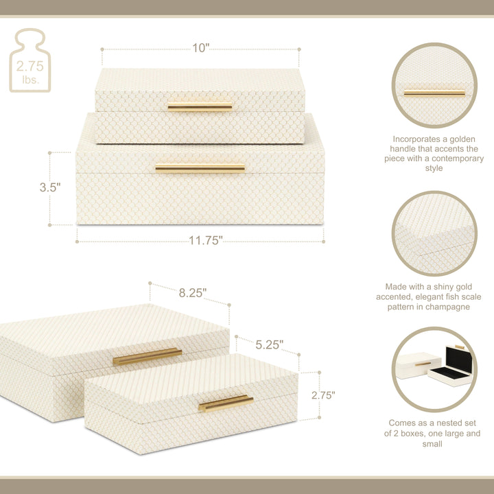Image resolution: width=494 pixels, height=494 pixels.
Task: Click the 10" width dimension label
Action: click(x=200, y=48)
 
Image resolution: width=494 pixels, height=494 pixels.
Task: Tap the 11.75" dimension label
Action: click(x=205, y=241)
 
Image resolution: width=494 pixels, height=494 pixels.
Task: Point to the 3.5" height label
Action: click(x=50, y=187)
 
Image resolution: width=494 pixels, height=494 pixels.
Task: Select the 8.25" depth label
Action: click(x=193, y=293)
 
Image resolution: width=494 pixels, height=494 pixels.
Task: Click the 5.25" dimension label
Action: click(x=269, y=344)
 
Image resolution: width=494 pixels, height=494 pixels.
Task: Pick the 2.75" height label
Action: click(x=323, y=395)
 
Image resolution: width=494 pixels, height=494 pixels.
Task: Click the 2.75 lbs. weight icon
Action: click(x=30, y=60)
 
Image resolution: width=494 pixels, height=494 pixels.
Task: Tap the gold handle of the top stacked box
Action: click(x=200, y=107)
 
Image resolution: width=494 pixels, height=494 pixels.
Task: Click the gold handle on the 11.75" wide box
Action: click(x=200, y=168)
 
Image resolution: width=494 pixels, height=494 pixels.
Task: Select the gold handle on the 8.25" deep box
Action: click(x=148, y=356)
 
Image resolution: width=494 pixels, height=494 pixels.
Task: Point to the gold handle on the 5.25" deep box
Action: click(x=226, y=403)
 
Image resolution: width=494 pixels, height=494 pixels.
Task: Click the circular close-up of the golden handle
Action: click(x=434, y=85)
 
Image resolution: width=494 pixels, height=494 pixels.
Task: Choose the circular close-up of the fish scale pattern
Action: click(x=434, y=233)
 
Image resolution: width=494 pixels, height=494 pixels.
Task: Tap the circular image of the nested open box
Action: click(x=434, y=369)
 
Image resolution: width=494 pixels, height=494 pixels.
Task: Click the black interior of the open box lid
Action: click(x=459, y=360)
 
